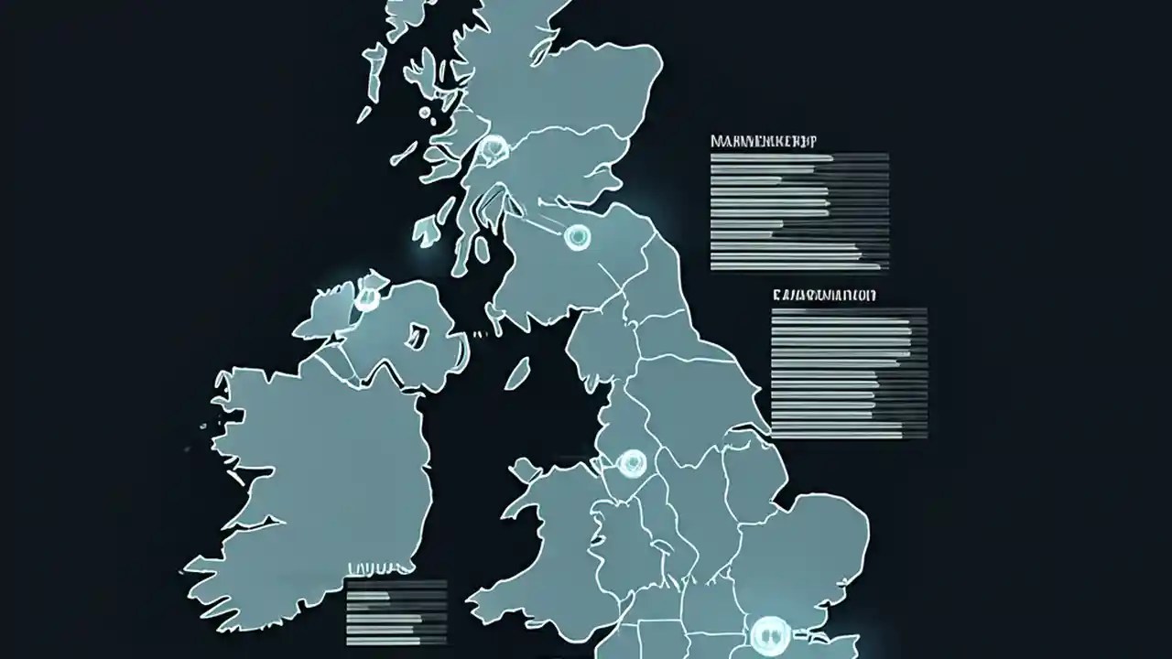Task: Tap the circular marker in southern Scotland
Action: pos(577,237)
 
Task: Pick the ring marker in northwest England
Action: pos(631,462)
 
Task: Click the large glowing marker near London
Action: pos(768,632)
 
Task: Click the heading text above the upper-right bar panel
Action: pos(765,142)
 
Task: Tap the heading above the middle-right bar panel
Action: pos(824,296)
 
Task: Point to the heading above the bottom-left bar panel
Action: pos(375,568)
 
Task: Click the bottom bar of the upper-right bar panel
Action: pos(796,266)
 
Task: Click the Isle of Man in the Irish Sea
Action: pos(517,373)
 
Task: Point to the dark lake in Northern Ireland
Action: pos(418,336)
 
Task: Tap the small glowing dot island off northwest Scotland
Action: pos(425,113)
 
